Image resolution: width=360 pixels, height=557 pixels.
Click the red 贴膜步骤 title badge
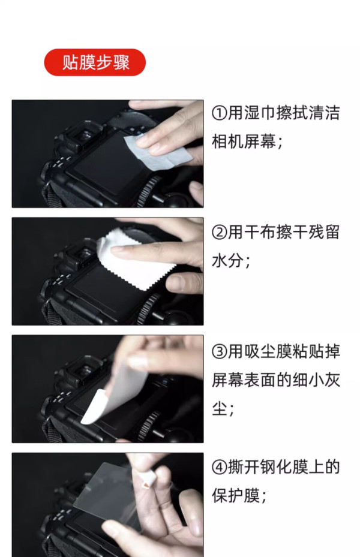tap(95, 62)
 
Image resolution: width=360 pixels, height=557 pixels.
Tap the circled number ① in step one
tap(220, 113)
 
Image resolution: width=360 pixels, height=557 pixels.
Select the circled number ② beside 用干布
tap(220, 233)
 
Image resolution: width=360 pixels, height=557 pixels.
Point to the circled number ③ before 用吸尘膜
tap(220, 352)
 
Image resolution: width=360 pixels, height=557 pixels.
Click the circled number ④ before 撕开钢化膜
tap(220, 468)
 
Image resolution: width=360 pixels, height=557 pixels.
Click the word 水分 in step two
tap(227, 261)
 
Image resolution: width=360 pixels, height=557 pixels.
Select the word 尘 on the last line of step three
tap(220, 408)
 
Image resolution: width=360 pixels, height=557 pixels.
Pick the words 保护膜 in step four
tap(236, 496)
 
